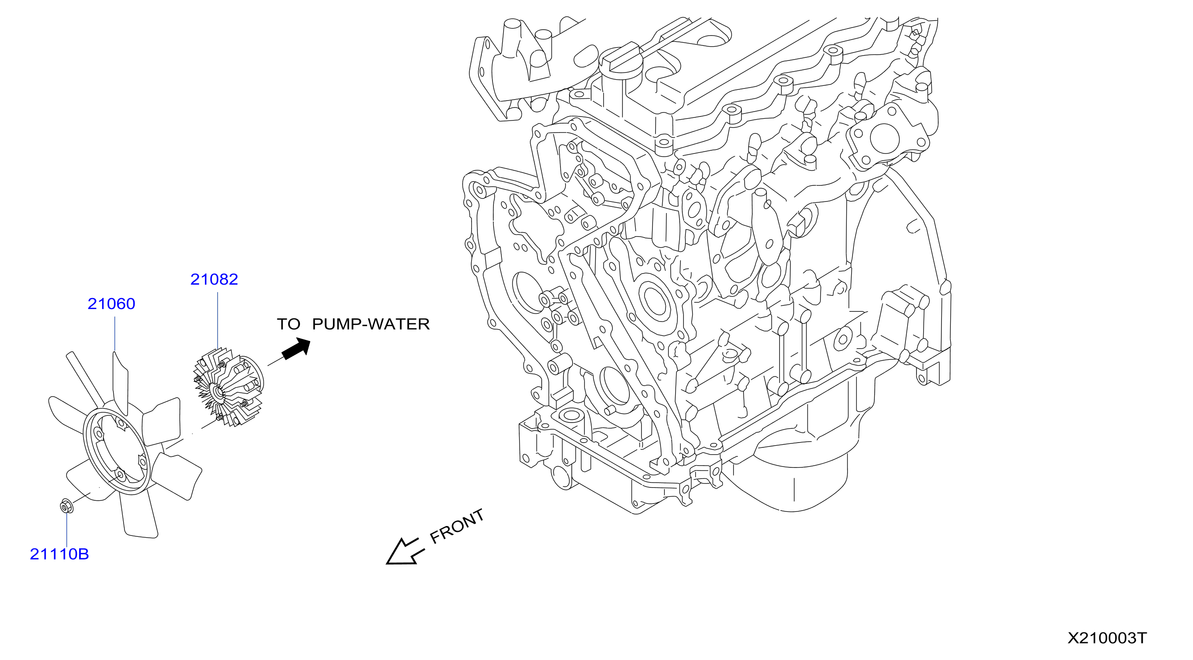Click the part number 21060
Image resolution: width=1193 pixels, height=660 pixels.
pyautogui.click(x=111, y=304)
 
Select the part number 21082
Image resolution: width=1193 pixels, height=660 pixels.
pyautogui.click(x=214, y=279)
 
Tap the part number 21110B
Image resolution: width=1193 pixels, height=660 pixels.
pyautogui.click(x=59, y=554)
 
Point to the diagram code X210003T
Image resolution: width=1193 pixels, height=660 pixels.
pyautogui.click(x=1107, y=638)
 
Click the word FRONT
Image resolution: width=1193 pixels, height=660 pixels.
pyautogui.click(x=456, y=526)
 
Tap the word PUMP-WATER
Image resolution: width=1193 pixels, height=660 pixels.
pyautogui.click(x=371, y=324)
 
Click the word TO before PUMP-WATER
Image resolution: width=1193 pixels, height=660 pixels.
pyautogui.click(x=288, y=324)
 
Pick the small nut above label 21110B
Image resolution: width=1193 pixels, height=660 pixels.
pyautogui.click(x=66, y=506)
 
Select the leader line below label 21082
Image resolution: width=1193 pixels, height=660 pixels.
pyautogui.click(x=218, y=321)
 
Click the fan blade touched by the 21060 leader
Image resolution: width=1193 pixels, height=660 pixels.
pyautogui.click(x=120, y=383)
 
